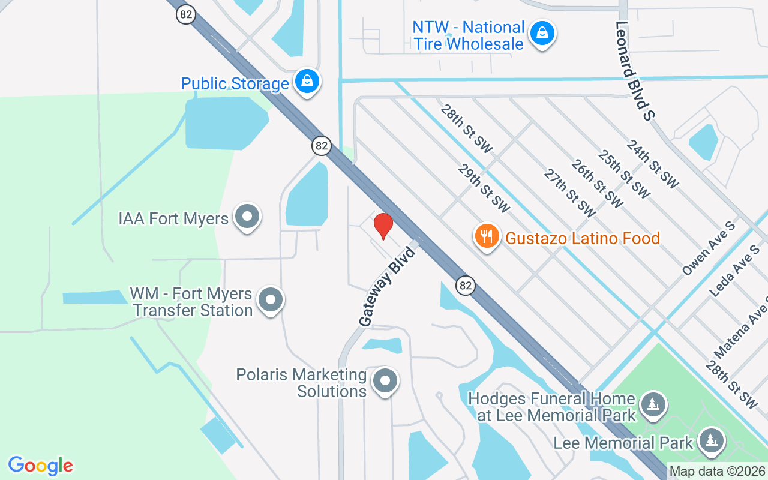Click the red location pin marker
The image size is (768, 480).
coord(383,226)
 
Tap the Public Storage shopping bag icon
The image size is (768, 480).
coord(307,82)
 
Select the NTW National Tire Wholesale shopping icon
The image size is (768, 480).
coord(542,34)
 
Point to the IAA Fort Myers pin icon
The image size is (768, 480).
coord(247,217)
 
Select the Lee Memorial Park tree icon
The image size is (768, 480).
coord(712,442)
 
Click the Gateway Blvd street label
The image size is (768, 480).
coord(388,286)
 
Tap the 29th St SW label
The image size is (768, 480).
coord(484,188)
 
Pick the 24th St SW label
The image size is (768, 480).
coord(652,164)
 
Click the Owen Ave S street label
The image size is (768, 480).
coord(709,248)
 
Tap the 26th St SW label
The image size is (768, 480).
coord(597,183)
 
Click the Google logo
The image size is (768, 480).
coord(40,466)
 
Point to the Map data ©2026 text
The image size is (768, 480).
coord(717,471)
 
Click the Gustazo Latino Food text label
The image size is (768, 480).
coord(582,238)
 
